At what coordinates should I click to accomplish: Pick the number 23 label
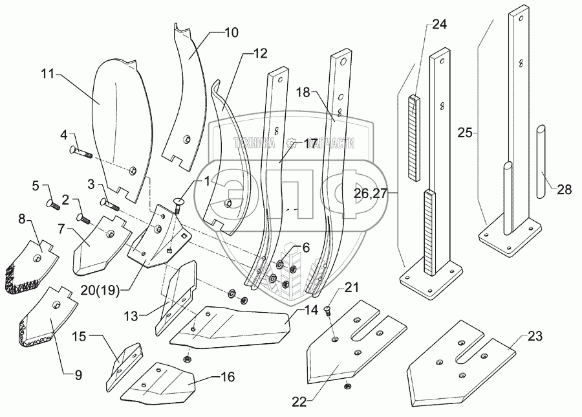click(x=535, y=337)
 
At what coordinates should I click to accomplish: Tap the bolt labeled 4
click(x=81, y=153)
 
